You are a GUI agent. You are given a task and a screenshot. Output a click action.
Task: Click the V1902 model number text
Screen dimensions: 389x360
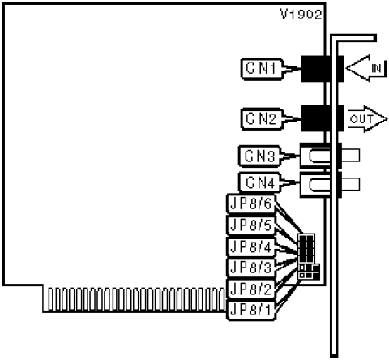(301, 15)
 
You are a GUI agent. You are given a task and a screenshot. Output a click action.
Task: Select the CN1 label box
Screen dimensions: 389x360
(262, 69)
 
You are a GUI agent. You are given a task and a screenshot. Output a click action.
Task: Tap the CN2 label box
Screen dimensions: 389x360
(262, 119)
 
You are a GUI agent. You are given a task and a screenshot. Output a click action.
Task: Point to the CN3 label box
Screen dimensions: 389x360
(259, 156)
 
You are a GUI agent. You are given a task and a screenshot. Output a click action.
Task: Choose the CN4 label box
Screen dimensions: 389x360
(259, 183)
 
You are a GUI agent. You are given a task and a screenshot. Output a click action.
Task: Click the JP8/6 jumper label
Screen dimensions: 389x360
(250, 204)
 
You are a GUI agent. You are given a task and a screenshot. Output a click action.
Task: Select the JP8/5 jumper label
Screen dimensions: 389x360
(250, 225)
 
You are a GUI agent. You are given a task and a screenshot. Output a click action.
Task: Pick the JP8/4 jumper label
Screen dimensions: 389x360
(250, 246)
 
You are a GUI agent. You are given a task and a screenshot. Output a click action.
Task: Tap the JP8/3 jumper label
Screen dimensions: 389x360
(250, 268)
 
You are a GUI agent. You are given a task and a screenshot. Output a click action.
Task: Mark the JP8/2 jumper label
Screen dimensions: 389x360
(250, 289)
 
